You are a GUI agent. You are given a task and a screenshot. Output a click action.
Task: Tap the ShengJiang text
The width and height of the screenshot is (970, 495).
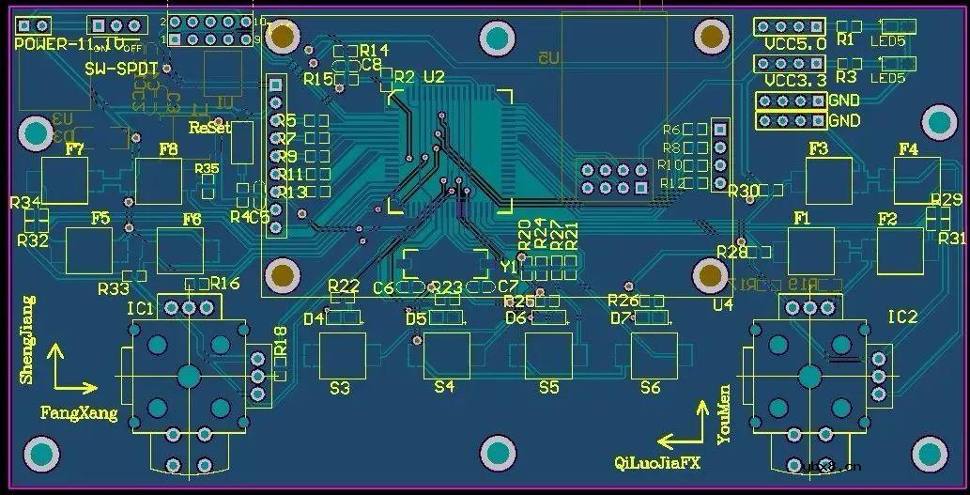[26, 340]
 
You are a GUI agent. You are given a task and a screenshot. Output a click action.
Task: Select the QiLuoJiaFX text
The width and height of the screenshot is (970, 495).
[657, 462]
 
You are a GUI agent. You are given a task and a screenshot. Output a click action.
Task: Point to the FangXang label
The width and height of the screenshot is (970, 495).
[79, 412]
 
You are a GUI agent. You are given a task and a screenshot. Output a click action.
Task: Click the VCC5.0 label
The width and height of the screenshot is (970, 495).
[790, 43]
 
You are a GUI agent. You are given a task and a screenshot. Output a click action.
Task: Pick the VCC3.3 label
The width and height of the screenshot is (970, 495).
[790, 81]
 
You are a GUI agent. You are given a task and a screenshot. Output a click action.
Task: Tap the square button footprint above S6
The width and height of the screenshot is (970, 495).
[654, 354]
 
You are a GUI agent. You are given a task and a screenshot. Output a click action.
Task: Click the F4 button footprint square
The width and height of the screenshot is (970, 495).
[916, 181]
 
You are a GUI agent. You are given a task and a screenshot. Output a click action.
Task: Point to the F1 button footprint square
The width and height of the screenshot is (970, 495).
[810, 251]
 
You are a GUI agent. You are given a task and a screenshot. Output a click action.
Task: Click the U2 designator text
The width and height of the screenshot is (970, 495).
[434, 76]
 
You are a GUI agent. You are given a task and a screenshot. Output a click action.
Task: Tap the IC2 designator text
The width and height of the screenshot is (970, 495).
[902, 317]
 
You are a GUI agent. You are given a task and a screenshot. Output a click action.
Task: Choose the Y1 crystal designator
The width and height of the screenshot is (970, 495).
[510, 268]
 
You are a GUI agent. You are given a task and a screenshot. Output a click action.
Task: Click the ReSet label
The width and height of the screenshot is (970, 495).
[209, 127]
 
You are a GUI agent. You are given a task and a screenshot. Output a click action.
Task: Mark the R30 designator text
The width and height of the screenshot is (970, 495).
[743, 192]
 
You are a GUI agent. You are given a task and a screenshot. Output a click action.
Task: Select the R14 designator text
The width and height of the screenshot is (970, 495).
[373, 50]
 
